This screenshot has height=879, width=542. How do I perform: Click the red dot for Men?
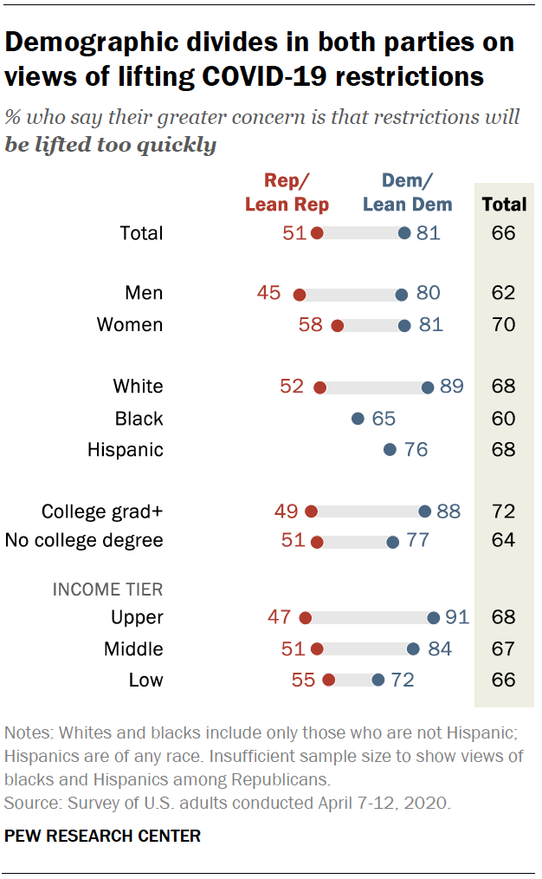coord(300,294)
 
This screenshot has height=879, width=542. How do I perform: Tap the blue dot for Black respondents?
coord(358,419)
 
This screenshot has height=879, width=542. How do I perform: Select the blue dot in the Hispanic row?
coord(390,450)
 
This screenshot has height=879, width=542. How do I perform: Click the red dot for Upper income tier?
coord(305,618)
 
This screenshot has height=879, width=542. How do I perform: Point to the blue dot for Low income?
coord(378,680)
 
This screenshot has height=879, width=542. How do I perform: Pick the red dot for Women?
coord(338,326)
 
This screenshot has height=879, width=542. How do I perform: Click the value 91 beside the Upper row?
coord(456,617)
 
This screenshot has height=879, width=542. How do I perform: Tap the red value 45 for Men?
coord(269,293)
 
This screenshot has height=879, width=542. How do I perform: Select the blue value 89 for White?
coord(452,387)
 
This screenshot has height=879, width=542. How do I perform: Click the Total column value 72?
coord(503,511)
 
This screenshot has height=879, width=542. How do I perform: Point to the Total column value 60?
coord(503,419)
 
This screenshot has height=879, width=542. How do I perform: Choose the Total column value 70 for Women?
coord(503,325)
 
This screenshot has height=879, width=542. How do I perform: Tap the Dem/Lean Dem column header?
coord(407,192)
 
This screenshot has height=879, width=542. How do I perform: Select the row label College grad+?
coord(102,511)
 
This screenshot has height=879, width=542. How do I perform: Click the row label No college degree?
coord(84,541)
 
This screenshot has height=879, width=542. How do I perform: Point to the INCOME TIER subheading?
coord(108,589)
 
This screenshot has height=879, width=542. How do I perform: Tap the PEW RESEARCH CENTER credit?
coord(103,837)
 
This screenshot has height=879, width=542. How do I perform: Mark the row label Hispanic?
coord(126,450)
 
